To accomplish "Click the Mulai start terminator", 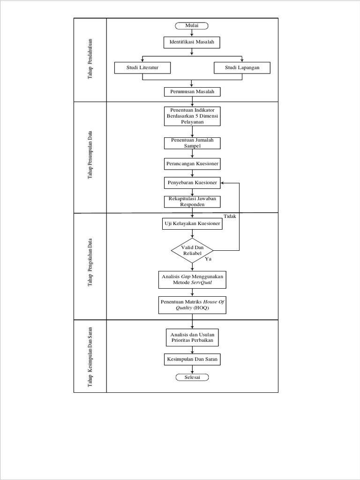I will coord(192,26).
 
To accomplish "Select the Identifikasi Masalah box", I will coord(192,43).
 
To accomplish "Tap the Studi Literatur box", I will coord(142,68).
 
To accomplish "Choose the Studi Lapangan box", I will coord(242,68).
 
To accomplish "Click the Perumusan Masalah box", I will coord(192,92).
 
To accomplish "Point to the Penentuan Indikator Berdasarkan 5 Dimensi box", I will coord(192,116).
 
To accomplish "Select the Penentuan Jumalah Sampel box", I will coord(192,143).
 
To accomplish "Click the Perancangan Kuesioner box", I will coord(192,164).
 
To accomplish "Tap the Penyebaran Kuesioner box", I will coord(192,182).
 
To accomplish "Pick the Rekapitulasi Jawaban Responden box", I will coord(192,202).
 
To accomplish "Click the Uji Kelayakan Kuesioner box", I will coord(192,224).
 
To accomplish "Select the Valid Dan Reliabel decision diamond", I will coord(192,250).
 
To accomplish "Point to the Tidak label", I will coord(230,216).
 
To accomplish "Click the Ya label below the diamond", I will coord(209,259).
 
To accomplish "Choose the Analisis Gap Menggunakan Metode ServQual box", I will coord(192,280).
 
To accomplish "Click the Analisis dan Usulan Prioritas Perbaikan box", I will coord(192,337).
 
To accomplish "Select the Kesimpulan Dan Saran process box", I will coord(192,360).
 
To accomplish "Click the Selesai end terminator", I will coord(192,377).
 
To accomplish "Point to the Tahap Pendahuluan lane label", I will coord(90,60).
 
